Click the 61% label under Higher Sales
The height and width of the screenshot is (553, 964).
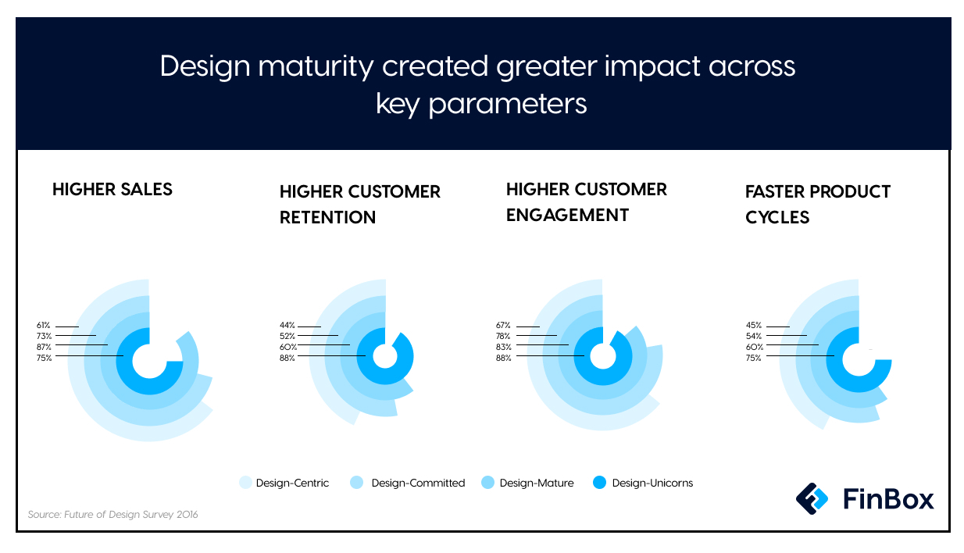(43, 326)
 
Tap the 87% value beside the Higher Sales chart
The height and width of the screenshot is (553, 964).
(44, 347)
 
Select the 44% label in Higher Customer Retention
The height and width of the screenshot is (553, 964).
(287, 326)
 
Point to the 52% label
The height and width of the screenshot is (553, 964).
(287, 336)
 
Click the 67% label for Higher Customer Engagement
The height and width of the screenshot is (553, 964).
(503, 326)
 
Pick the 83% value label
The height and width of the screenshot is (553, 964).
(504, 347)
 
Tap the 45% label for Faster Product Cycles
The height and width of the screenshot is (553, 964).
(754, 326)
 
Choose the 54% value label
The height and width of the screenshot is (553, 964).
(754, 336)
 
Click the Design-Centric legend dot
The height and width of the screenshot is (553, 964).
(245, 483)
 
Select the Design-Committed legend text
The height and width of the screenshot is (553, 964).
(418, 483)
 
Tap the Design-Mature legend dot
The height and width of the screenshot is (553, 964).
(487, 483)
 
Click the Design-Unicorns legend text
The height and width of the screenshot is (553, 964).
(652, 483)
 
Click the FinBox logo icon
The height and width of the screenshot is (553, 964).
(812, 499)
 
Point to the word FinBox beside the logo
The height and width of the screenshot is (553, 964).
(888, 499)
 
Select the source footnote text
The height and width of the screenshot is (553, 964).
(112, 514)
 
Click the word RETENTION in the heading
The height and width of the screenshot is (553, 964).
(327, 217)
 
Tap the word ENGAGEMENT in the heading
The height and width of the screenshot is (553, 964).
(567, 215)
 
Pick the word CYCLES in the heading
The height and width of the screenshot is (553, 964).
(777, 217)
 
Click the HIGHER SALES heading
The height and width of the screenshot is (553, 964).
(112, 189)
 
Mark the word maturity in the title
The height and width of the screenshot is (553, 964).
(316, 66)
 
